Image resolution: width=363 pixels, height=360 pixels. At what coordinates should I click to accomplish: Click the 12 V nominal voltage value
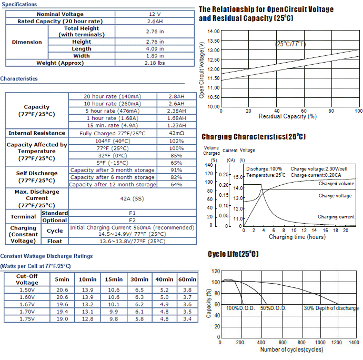pos(155,14)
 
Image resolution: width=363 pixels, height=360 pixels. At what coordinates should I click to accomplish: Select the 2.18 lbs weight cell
pos(155,63)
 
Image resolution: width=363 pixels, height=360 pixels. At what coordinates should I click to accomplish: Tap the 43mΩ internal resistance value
pos(176,133)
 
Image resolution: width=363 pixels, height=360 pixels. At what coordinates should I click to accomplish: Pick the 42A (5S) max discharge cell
pos(132,199)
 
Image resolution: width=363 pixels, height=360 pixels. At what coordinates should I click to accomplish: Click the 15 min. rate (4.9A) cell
pos(113,126)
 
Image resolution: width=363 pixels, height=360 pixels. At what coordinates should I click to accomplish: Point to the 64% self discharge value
pos(176,185)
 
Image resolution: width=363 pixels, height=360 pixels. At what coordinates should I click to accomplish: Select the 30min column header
pos(139,279)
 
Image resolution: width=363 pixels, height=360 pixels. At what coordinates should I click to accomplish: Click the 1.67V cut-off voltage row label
pos(27,304)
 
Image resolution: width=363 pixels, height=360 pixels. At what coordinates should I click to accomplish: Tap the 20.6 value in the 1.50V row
pos(62,290)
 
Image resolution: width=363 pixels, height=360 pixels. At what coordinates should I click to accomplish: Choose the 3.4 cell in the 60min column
pos(187,319)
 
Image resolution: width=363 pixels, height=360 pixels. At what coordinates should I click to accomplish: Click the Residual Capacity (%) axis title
pos(288,116)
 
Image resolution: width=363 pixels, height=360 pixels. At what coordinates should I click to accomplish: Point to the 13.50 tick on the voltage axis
pos(214,41)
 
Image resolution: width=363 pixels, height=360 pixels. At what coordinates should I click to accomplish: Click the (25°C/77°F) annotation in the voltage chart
pos(290,44)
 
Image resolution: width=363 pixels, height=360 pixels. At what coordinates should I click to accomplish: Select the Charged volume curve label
pos(336,184)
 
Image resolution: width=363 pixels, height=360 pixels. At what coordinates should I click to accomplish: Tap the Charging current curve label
pos(336,217)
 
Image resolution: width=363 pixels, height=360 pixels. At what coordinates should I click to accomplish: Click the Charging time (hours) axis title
pos(297,237)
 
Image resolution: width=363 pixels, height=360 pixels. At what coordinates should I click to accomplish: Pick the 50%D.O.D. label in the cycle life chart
pos(274,308)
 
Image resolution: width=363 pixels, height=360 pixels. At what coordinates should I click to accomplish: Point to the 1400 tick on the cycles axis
pos(354,343)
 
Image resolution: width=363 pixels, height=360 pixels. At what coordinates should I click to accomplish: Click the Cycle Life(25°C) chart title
pos(233,254)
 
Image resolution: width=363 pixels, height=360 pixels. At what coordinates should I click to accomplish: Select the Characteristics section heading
pos(19,79)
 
